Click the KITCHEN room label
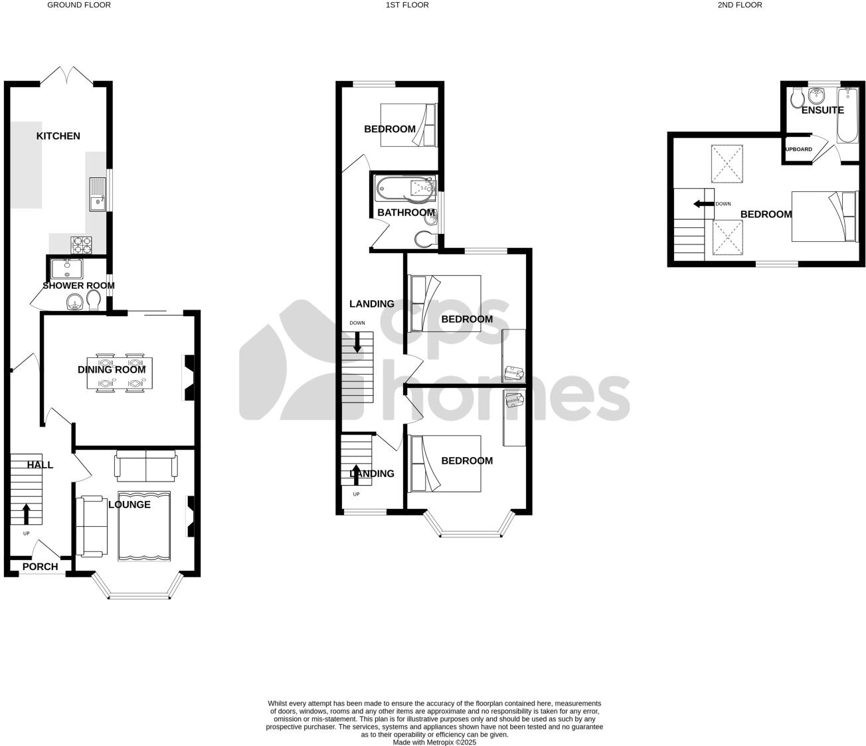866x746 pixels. coord(58,136)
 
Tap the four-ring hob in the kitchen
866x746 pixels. coord(82,245)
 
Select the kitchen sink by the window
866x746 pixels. coord(97,193)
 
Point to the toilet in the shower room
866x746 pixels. coord(93,303)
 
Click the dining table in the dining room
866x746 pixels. coord(121,373)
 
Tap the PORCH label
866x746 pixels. coord(40,567)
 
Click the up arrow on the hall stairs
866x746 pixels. coord(26,513)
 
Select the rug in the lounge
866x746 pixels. coord(144,526)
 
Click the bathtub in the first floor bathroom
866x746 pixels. coord(404,189)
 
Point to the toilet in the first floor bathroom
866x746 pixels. coord(425,238)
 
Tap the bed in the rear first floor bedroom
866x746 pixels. coord(408,125)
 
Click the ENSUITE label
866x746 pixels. coord(822,110)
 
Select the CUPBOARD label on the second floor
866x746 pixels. coord(798,149)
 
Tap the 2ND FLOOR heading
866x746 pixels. coord(739,5)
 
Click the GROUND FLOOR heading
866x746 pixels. coord(78,5)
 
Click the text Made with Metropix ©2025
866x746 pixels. coord(434,742)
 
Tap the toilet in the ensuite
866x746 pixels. coord(798,99)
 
